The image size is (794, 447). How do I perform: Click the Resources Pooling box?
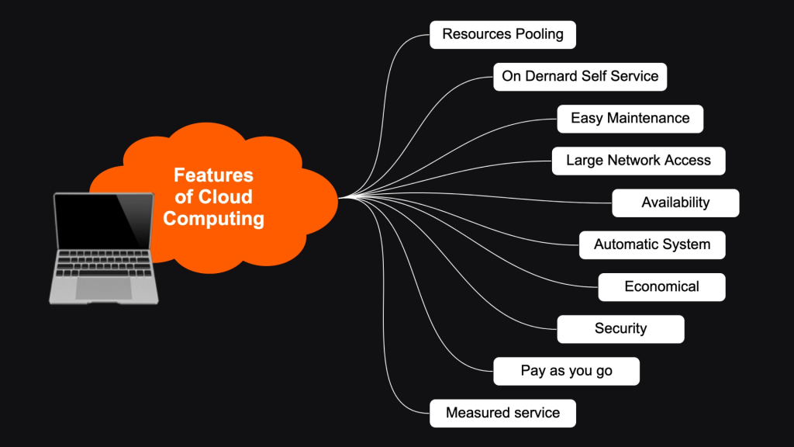tap(502, 34)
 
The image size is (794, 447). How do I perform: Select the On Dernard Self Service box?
tap(580, 76)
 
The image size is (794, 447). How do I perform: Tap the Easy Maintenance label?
tap(630, 118)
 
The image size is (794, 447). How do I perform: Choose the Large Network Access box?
tap(638, 161)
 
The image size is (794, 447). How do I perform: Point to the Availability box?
tap(675, 203)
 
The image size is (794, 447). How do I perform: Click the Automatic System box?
tap(651, 244)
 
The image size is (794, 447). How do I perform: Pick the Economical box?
tap(661, 286)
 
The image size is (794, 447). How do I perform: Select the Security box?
tap(620, 328)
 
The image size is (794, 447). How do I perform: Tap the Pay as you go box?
tap(566, 371)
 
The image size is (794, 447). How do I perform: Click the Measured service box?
tap(502, 413)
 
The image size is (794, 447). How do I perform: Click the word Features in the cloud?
tap(213, 175)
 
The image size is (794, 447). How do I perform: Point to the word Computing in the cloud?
tap(213, 219)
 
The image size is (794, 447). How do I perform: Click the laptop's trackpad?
tap(103, 288)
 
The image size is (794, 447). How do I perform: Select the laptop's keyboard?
tap(103, 263)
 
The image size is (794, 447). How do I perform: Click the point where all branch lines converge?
tap(341, 197)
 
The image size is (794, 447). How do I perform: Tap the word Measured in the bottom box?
tap(475, 413)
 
